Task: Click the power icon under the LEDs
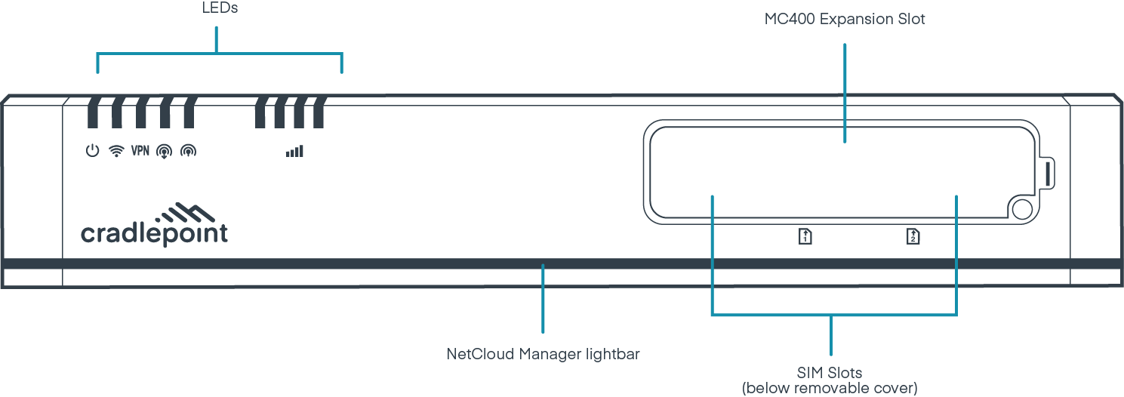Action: (x=91, y=151)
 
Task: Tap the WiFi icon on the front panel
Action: (x=116, y=151)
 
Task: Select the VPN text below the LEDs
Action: (x=140, y=151)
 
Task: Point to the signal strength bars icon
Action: (x=294, y=152)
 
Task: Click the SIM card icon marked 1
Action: (x=805, y=237)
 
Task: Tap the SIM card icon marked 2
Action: (x=913, y=237)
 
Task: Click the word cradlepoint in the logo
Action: (x=154, y=234)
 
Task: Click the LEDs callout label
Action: (x=217, y=9)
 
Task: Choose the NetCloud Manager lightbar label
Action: (x=543, y=353)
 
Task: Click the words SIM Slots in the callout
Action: (x=830, y=373)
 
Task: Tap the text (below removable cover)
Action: (x=830, y=388)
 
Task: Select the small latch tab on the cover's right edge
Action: (x=1049, y=173)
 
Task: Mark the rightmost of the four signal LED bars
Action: (x=319, y=112)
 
